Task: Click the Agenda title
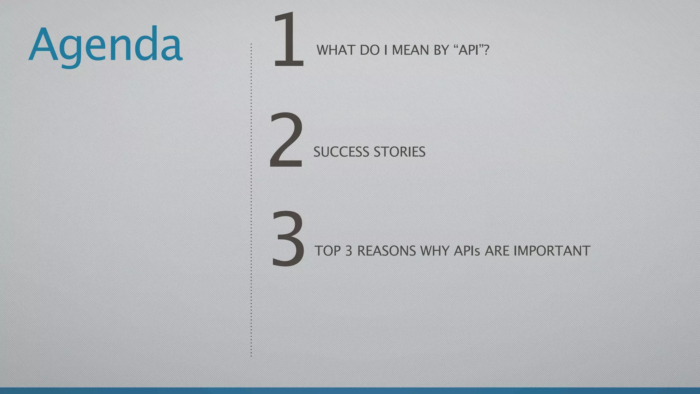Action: (105, 44)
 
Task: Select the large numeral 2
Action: (286, 140)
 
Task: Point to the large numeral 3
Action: (288, 239)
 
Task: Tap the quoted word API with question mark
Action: (471, 50)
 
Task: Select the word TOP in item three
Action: (327, 251)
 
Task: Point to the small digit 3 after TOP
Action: (349, 251)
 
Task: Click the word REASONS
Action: (386, 251)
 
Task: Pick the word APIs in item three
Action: (467, 251)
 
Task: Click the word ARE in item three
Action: (497, 251)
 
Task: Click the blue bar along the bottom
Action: (350, 391)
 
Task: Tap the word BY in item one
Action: (441, 50)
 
